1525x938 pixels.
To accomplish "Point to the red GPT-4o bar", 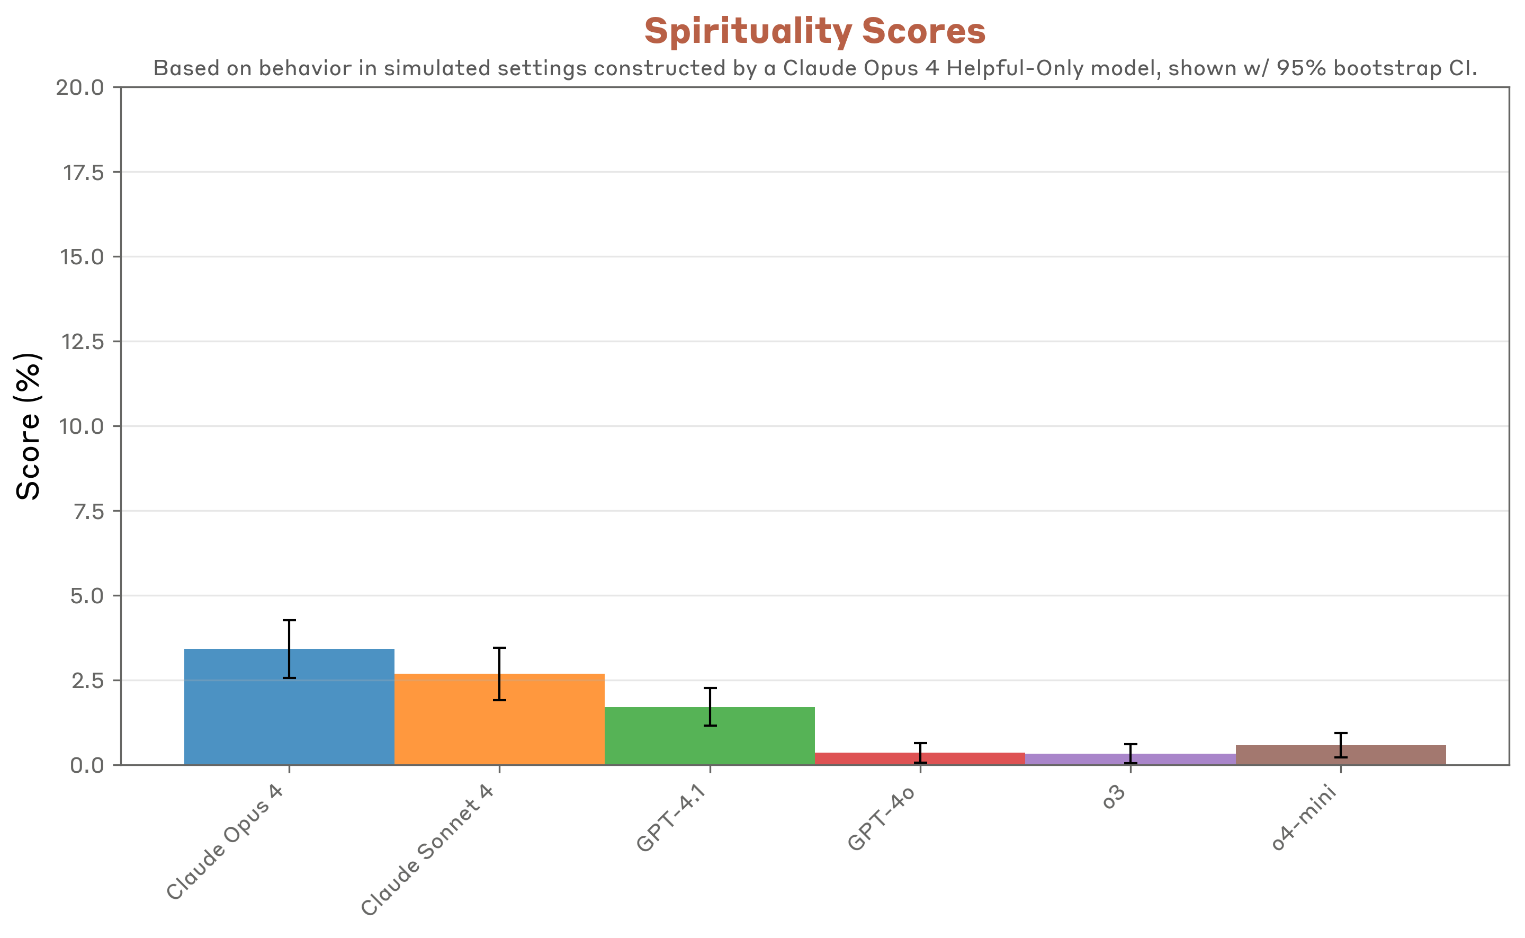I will click(x=868, y=758).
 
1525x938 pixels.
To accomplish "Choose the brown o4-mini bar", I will click(x=1290, y=754).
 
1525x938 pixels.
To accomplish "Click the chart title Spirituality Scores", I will click(x=814, y=31).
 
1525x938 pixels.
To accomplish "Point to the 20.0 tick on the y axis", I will click(x=80, y=87).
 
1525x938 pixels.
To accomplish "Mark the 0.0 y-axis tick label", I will click(x=87, y=765).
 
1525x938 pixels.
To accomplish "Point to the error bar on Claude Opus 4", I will click(x=289, y=649).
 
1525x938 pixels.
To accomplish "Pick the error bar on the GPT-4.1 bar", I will click(x=710, y=707).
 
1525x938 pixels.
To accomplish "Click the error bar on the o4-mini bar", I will click(x=1341, y=745).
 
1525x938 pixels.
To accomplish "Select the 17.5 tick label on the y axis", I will click(x=84, y=173).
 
